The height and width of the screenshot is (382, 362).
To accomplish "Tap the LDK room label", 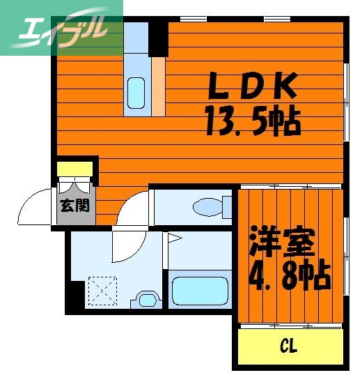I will click(x=254, y=87).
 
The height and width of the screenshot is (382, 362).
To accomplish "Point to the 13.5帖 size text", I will click(x=252, y=122).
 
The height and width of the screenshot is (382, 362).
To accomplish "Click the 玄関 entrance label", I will click(x=74, y=205).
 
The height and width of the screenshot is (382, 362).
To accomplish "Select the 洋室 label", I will click(x=283, y=243).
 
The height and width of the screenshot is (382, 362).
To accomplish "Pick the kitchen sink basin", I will click(x=136, y=89).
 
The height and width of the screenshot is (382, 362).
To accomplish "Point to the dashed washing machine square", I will click(x=104, y=292).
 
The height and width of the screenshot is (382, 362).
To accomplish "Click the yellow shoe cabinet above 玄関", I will click(x=74, y=169).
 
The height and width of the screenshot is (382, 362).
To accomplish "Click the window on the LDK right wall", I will click(x=347, y=94).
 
